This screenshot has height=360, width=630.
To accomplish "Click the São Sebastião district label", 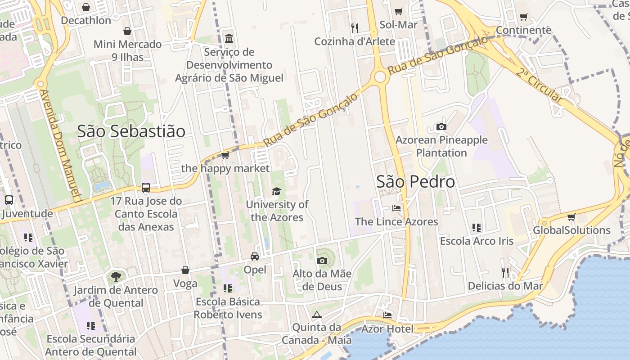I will point(131,131).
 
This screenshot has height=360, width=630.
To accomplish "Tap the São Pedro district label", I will point(415,182).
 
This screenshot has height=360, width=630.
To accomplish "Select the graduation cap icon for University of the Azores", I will point(276,192).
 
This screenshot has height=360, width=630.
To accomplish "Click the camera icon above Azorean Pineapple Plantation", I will point(441,127).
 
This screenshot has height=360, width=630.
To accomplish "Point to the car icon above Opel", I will point(255,256).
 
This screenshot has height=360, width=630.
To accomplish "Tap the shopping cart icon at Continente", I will point(523,17).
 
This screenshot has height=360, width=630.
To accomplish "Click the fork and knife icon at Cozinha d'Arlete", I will point(355,28).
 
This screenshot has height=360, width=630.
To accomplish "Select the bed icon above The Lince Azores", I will point(396,208).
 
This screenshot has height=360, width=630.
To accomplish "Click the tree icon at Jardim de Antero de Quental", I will point(116,277).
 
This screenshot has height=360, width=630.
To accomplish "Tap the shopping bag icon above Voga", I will point(185,270).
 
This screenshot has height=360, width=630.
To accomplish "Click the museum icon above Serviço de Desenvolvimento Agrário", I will point(229,38).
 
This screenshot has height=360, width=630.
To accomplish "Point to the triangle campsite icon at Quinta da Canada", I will point(317,315).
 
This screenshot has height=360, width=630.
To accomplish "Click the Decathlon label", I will point(86,21).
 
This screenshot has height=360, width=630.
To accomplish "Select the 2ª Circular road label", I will point(540,85).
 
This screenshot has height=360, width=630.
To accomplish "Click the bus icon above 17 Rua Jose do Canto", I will point(146,188).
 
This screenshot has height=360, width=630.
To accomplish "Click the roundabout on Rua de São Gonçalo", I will point(380,77).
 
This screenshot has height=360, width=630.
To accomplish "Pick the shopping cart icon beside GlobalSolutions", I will point(571,217).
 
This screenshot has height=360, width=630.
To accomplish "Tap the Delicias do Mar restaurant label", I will point(505,286).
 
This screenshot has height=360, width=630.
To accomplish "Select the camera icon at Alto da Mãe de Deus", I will point(322,261).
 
